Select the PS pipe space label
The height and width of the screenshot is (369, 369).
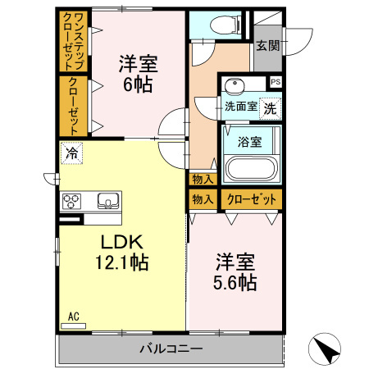275,82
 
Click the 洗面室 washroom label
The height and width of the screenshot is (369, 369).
241,105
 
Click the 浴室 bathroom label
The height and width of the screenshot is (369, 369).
249,141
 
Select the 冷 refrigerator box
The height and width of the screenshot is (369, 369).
71,153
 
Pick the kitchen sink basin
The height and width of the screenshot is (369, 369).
108,201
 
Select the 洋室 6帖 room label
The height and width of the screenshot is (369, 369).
138,73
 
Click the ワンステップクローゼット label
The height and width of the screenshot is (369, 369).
72,42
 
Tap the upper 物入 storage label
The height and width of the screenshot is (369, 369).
202,180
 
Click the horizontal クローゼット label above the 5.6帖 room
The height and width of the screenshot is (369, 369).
251,199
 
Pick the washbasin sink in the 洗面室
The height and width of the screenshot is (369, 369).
235,84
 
